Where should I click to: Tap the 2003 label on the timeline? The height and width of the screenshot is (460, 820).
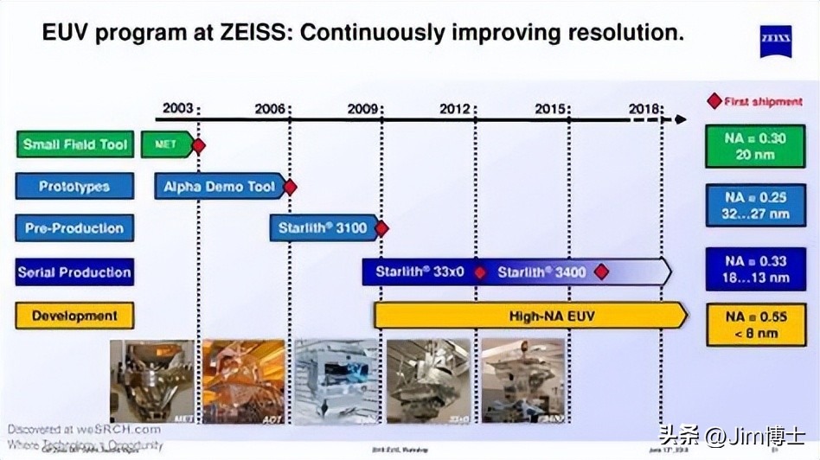(x=177, y=108)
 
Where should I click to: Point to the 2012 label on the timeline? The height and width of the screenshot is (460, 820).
(x=455, y=108)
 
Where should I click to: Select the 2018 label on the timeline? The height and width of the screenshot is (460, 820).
(x=644, y=108)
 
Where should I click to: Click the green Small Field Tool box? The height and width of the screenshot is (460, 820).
(x=75, y=144)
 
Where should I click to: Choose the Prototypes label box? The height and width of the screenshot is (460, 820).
(x=75, y=186)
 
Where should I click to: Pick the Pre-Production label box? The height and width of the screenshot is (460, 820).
(x=75, y=228)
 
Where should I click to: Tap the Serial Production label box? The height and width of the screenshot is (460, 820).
(x=75, y=272)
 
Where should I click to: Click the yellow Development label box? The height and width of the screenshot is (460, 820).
(x=75, y=316)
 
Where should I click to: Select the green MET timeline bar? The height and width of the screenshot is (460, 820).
(x=166, y=144)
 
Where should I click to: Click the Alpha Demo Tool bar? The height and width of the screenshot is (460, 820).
(x=220, y=186)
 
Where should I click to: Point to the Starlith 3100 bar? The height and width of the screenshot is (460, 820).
(x=323, y=228)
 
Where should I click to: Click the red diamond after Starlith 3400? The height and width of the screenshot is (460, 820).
(x=601, y=272)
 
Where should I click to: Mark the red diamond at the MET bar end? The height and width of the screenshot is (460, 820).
(x=199, y=145)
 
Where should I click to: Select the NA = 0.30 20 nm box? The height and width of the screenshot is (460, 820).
(x=756, y=145)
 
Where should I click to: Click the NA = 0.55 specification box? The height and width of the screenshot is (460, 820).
(x=756, y=324)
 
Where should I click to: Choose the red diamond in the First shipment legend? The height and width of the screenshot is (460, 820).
(x=714, y=101)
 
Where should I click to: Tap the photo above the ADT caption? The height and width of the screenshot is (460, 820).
(x=244, y=380)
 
